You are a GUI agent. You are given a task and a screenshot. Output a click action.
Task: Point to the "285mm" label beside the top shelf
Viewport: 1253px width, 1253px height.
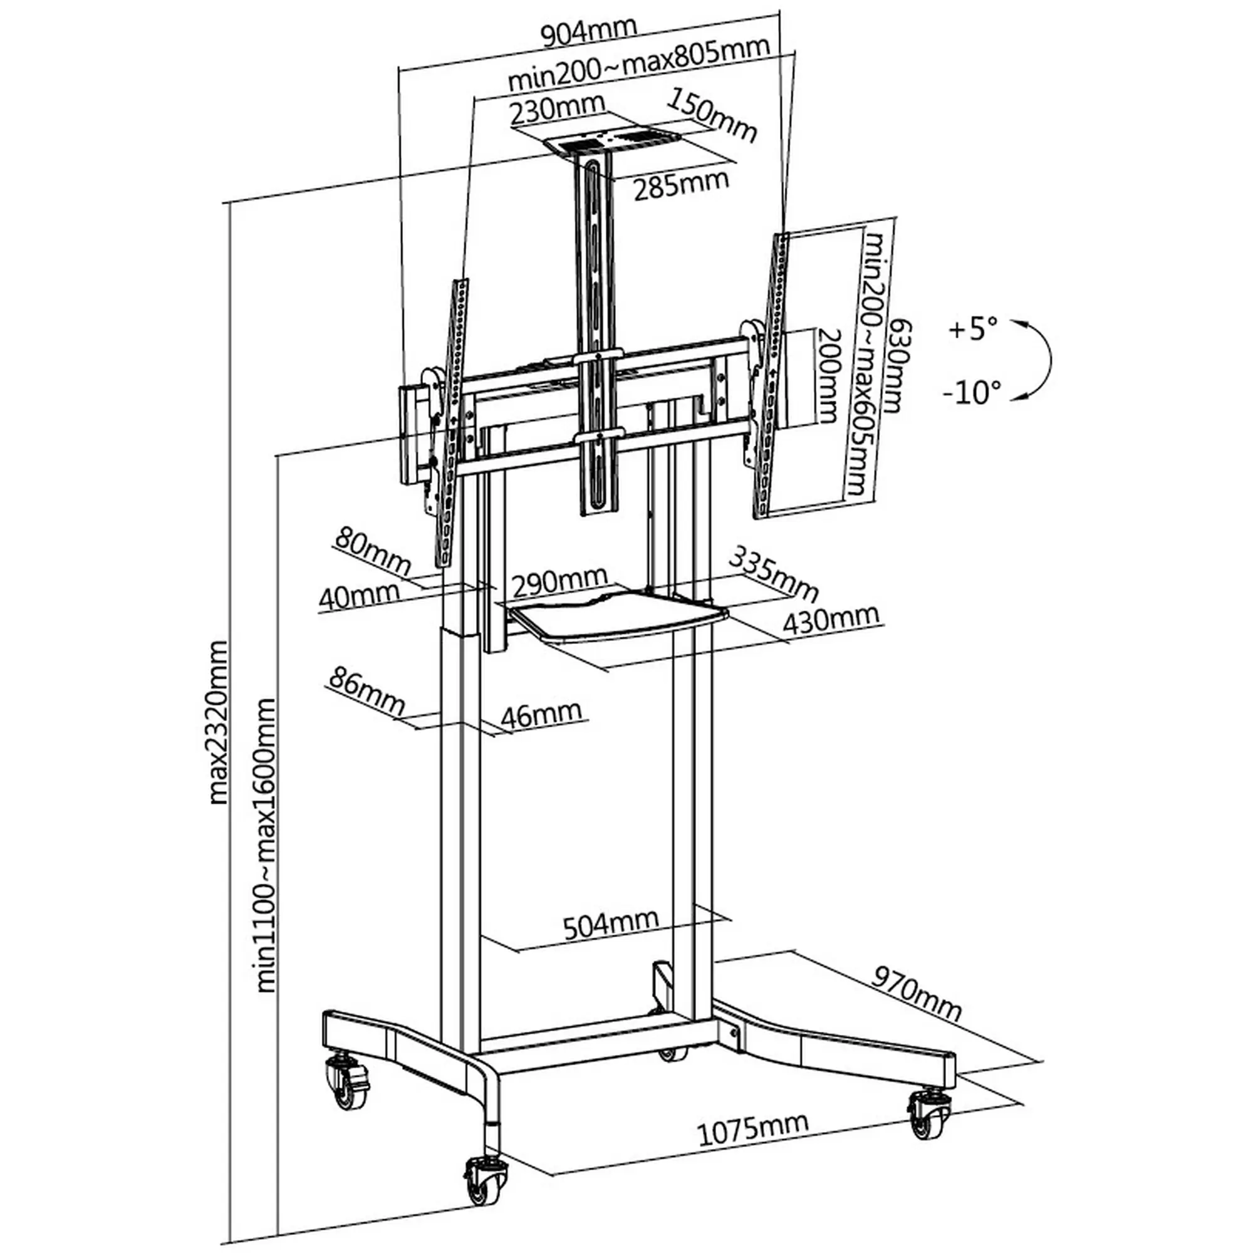681,184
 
